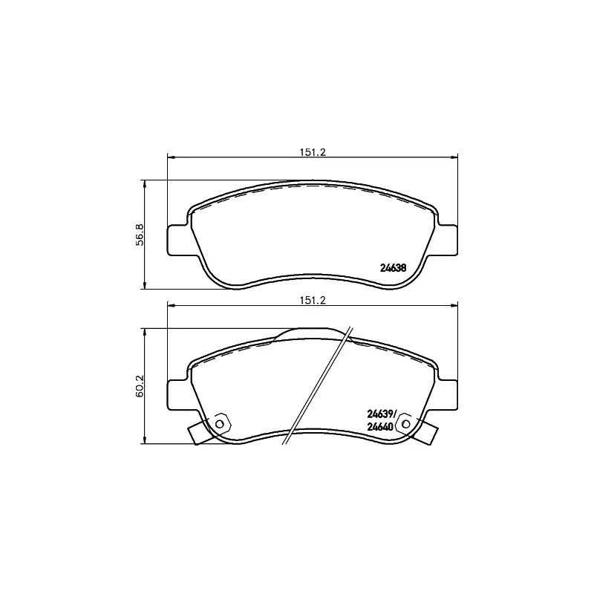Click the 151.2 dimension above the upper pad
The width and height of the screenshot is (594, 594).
click(x=313, y=152)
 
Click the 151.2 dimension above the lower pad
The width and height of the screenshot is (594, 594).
click(x=313, y=301)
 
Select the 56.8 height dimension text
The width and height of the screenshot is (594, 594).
click(x=140, y=235)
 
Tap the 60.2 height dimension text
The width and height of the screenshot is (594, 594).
click(x=140, y=386)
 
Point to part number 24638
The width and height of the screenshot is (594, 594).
click(x=394, y=268)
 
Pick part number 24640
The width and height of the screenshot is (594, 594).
click(x=380, y=427)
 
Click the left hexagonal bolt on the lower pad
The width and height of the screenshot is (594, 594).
click(x=219, y=423)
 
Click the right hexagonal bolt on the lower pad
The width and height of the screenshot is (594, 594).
click(x=405, y=423)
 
